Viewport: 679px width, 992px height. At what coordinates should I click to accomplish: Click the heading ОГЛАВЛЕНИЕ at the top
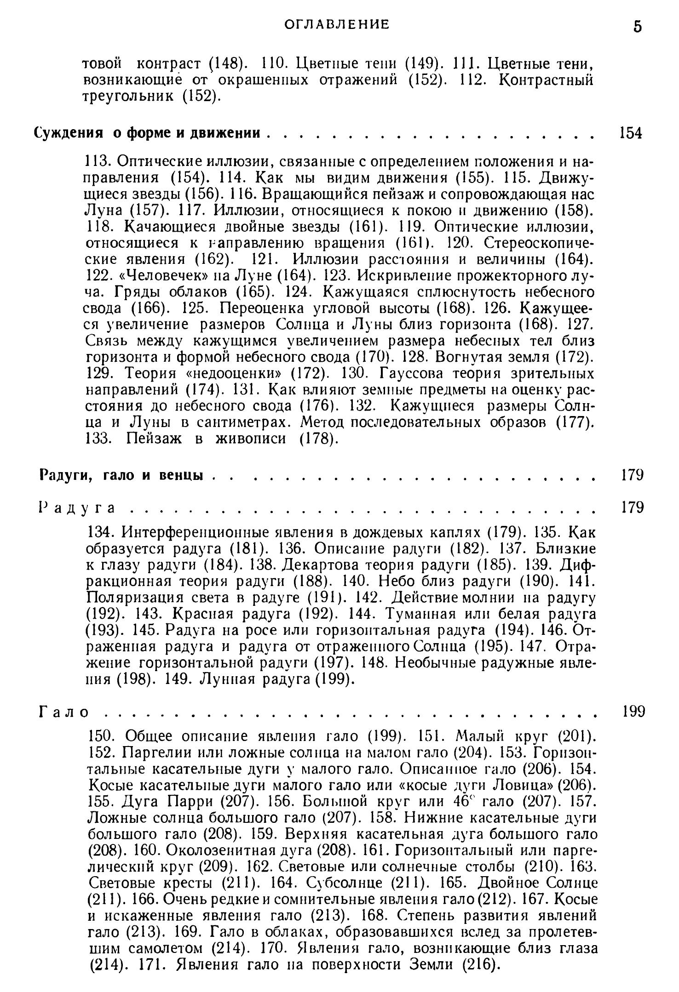point(336,24)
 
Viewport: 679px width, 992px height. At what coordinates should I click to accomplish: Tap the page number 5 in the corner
point(637,26)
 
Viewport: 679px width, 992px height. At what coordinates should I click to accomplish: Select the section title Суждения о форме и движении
point(147,133)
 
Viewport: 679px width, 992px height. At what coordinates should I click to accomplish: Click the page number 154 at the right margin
point(630,133)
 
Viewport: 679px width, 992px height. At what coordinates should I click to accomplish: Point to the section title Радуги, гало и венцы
point(121,474)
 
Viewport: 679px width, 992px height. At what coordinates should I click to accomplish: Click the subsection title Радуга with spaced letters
point(76,507)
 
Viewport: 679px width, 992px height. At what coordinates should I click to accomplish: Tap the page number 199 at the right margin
point(633,712)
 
